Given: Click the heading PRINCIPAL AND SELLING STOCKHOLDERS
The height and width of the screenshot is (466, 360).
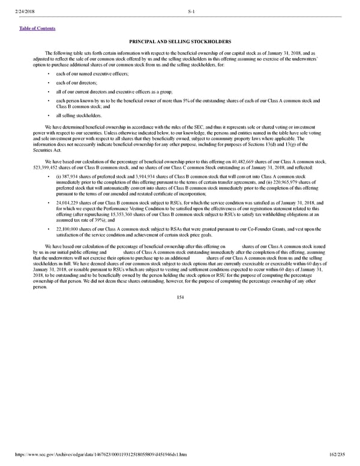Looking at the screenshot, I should (x=180, y=41).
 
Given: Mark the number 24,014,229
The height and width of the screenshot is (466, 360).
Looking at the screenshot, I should (x=70, y=204).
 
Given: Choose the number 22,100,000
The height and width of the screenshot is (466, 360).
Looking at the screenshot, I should (x=70, y=230).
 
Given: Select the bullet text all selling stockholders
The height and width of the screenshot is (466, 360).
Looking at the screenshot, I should (x=79, y=115).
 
